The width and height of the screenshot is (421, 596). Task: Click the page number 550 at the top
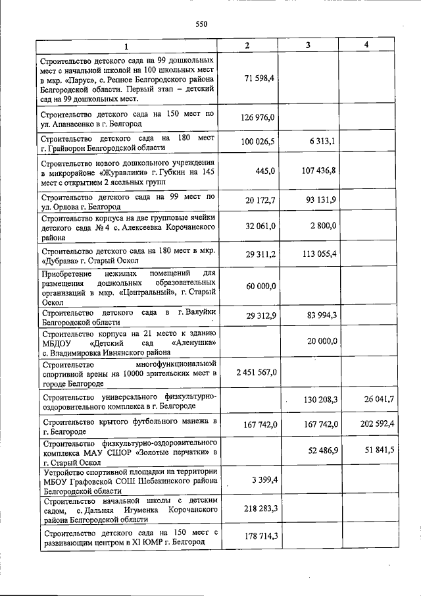click(201, 24)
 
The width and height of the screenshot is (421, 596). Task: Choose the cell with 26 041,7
click(378, 399)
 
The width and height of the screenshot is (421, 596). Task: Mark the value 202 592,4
click(376, 423)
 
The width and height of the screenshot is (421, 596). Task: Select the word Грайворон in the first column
click(72, 148)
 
